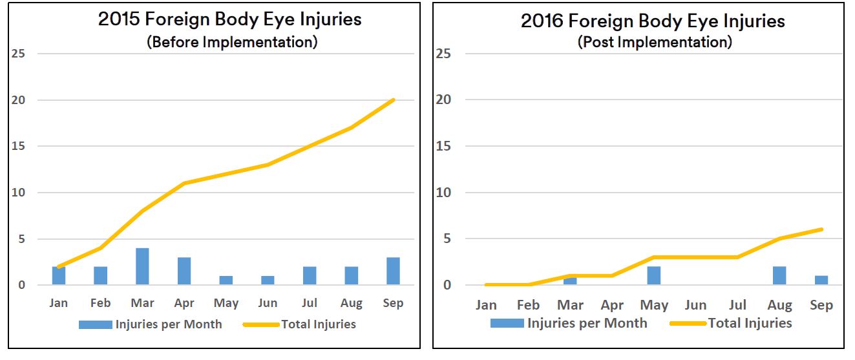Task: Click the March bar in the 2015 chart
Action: [142, 266]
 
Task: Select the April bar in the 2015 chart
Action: [184, 271]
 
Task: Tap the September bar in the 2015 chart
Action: [393, 271]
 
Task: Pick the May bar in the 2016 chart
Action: [654, 276]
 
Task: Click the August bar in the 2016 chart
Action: [779, 276]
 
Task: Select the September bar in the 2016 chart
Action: [821, 281]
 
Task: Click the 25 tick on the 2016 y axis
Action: [443, 54]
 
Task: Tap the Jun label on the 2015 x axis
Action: [268, 303]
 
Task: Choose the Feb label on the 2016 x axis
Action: [528, 305]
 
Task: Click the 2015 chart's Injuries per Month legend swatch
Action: [96, 324]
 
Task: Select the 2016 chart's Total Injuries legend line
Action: [688, 323]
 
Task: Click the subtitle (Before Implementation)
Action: [232, 42]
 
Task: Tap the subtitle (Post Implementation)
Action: [653, 42]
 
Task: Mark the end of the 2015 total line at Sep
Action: [393, 100]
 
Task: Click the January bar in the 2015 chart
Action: [59, 275]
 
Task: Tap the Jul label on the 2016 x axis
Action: [737, 305]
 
